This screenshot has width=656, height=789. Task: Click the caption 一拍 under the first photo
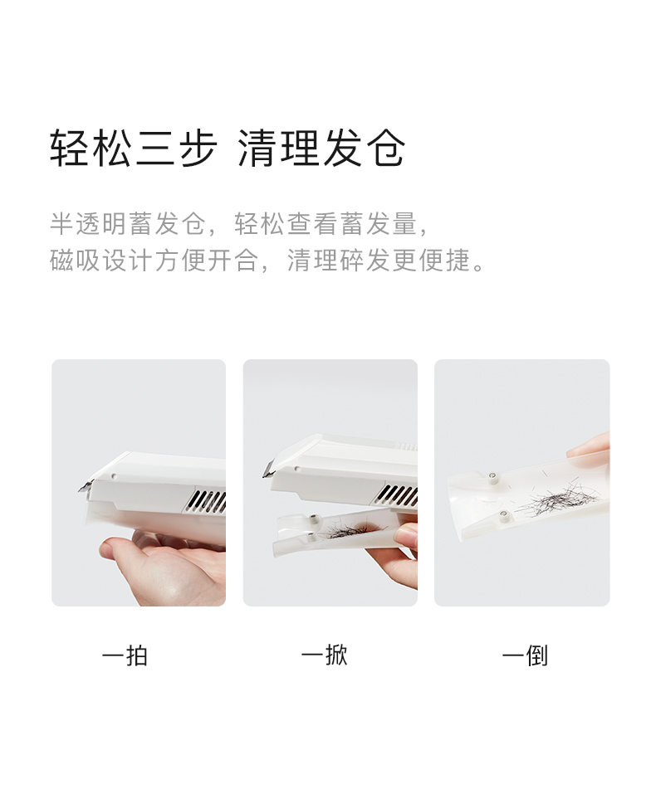[x=125, y=656]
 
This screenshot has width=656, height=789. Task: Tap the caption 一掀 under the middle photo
[x=324, y=655]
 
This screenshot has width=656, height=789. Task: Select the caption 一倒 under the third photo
[x=525, y=655]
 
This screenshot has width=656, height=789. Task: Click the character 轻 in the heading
[x=71, y=148]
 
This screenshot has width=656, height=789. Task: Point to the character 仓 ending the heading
[x=385, y=148]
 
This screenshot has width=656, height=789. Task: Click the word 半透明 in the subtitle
[x=89, y=224]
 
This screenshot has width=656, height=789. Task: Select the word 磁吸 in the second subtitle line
[x=76, y=261]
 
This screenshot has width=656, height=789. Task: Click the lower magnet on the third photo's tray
[x=503, y=514]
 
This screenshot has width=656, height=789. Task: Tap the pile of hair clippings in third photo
[x=556, y=500]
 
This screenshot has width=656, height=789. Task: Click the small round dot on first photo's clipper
[x=114, y=475]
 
